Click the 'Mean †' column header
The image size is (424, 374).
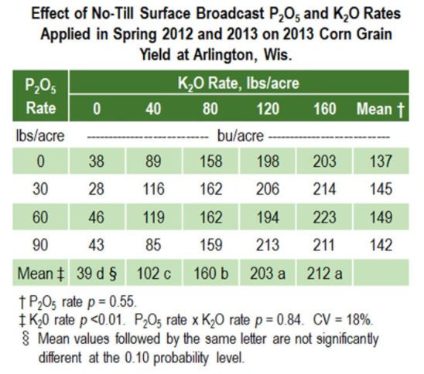(x=379, y=108)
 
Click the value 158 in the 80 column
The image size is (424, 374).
(x=207, y=161)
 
